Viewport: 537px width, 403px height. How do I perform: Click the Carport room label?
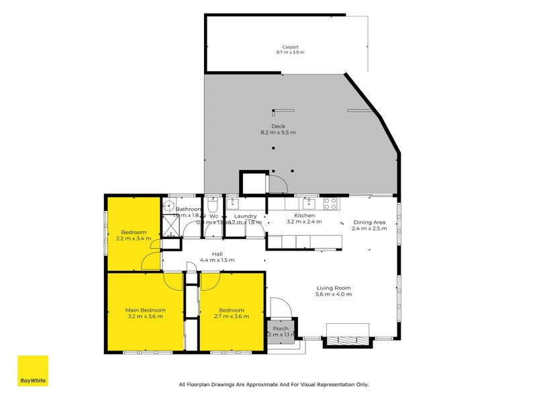[x=290, y=47]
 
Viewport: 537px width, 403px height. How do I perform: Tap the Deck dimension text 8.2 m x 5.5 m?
[x=278, y=132]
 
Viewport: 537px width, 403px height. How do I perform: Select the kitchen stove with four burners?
[x=330, y=202]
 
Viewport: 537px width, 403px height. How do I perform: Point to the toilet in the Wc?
[x=212, y=202]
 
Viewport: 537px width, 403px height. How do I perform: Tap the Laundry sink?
[x=233, y=202]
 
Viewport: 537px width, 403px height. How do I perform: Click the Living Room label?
[x=334, y=288]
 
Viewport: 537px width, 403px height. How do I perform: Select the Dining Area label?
[x=369, y=222]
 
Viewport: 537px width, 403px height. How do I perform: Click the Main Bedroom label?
[x=145, y=310]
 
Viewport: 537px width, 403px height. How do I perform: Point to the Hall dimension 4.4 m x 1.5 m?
[x=217, y=260]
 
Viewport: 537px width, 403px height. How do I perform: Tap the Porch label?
[x=281, y=328]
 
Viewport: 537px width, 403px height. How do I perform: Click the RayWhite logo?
[x=33, y=371]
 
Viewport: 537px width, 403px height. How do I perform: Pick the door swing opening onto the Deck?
[x=278, y=183]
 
